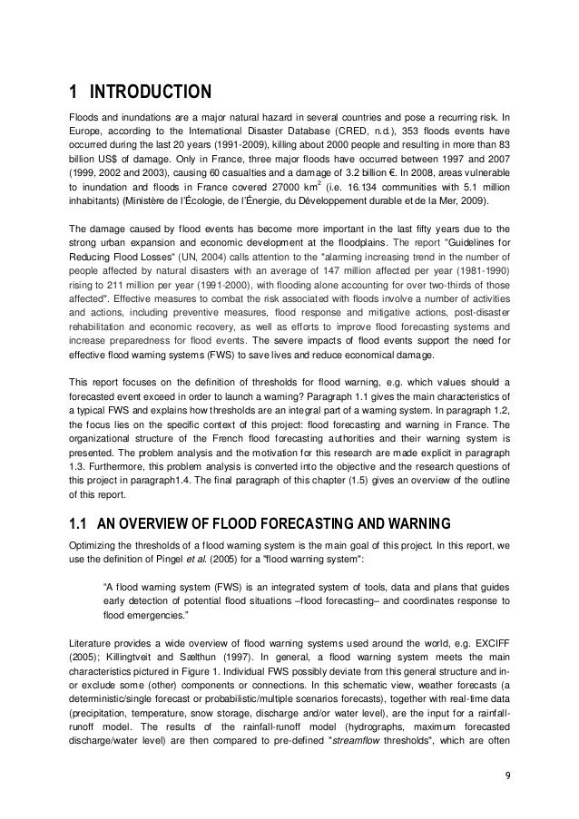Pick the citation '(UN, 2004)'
click(x=204, y=257)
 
